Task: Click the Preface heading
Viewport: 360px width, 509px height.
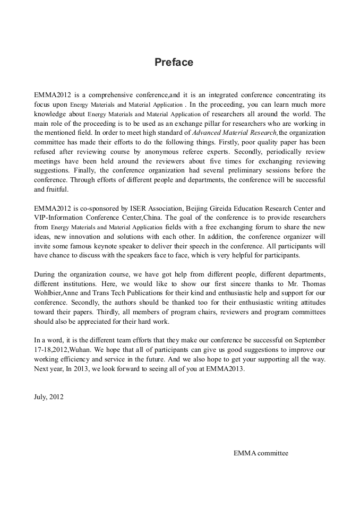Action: [174, 63]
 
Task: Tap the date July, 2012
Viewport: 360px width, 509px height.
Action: [48, 396]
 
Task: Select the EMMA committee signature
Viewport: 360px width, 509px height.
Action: [261, 453]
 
